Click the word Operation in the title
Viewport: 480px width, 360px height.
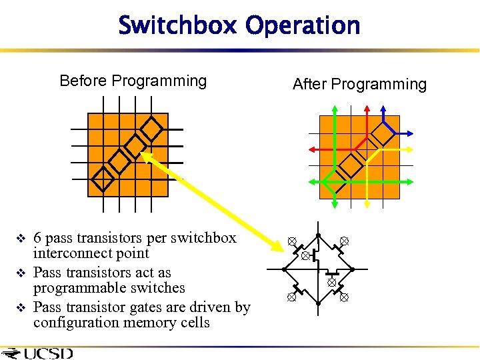[303, 26]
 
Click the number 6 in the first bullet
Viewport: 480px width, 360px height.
[37, 238]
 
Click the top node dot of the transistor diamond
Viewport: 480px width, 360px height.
[318, 235]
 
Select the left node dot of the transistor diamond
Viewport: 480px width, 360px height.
[285, 269]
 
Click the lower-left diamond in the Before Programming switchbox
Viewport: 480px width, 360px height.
[103, 178]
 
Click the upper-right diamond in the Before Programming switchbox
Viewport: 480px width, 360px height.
[153, 128]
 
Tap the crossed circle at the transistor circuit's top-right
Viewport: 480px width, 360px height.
[344, 241]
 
